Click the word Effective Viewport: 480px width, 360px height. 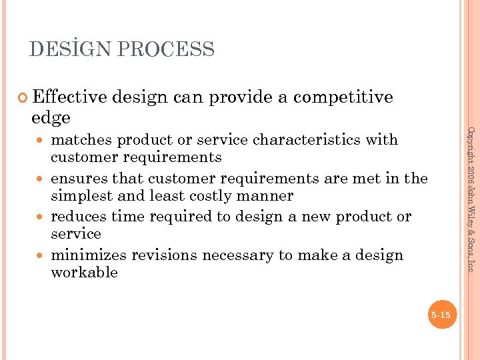(69, 97)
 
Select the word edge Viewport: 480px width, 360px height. (51, 118)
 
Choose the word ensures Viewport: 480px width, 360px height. (79, 179)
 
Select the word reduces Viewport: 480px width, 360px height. (80, 217)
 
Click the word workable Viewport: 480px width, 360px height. (84, 273)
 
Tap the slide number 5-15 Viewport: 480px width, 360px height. (441, 315)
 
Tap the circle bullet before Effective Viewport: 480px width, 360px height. (24, 98)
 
